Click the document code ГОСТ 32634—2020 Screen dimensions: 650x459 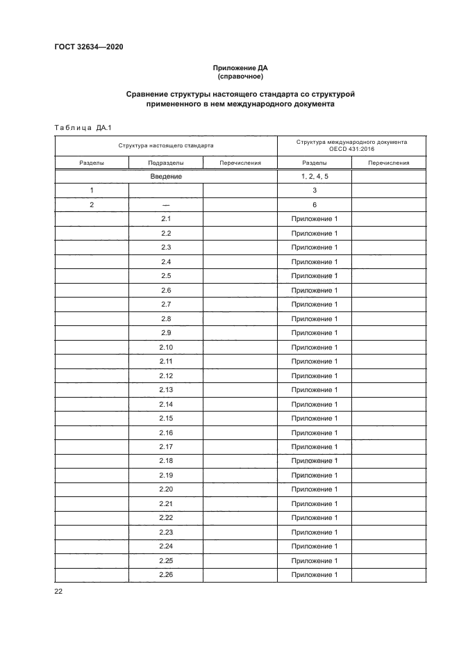tap(90, 47)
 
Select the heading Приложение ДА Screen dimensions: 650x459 tap(240, 68)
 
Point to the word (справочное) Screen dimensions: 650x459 tap(240, 76)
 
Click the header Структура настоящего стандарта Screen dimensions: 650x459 tap(165, 146)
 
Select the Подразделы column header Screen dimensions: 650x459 tap(165, 163)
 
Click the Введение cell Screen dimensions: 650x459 tap(165, 177)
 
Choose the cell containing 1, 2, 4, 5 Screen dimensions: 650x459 tap(314, 177)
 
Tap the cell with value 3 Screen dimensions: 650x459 tap(314, 190)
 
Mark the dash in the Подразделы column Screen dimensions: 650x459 tap(165, 205)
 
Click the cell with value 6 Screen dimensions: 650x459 tap(314, 205)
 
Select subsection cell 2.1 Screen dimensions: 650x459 tap(165, 219)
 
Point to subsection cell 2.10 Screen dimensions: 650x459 tap(165, 347)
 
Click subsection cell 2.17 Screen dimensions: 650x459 tap(165, 447)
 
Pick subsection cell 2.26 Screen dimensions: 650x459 tap(165, 575)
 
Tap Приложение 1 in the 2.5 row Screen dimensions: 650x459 tap(314, 276)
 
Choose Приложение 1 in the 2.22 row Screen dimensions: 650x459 tap(314, 518)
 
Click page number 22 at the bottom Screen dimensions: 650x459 tap(58, 591)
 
